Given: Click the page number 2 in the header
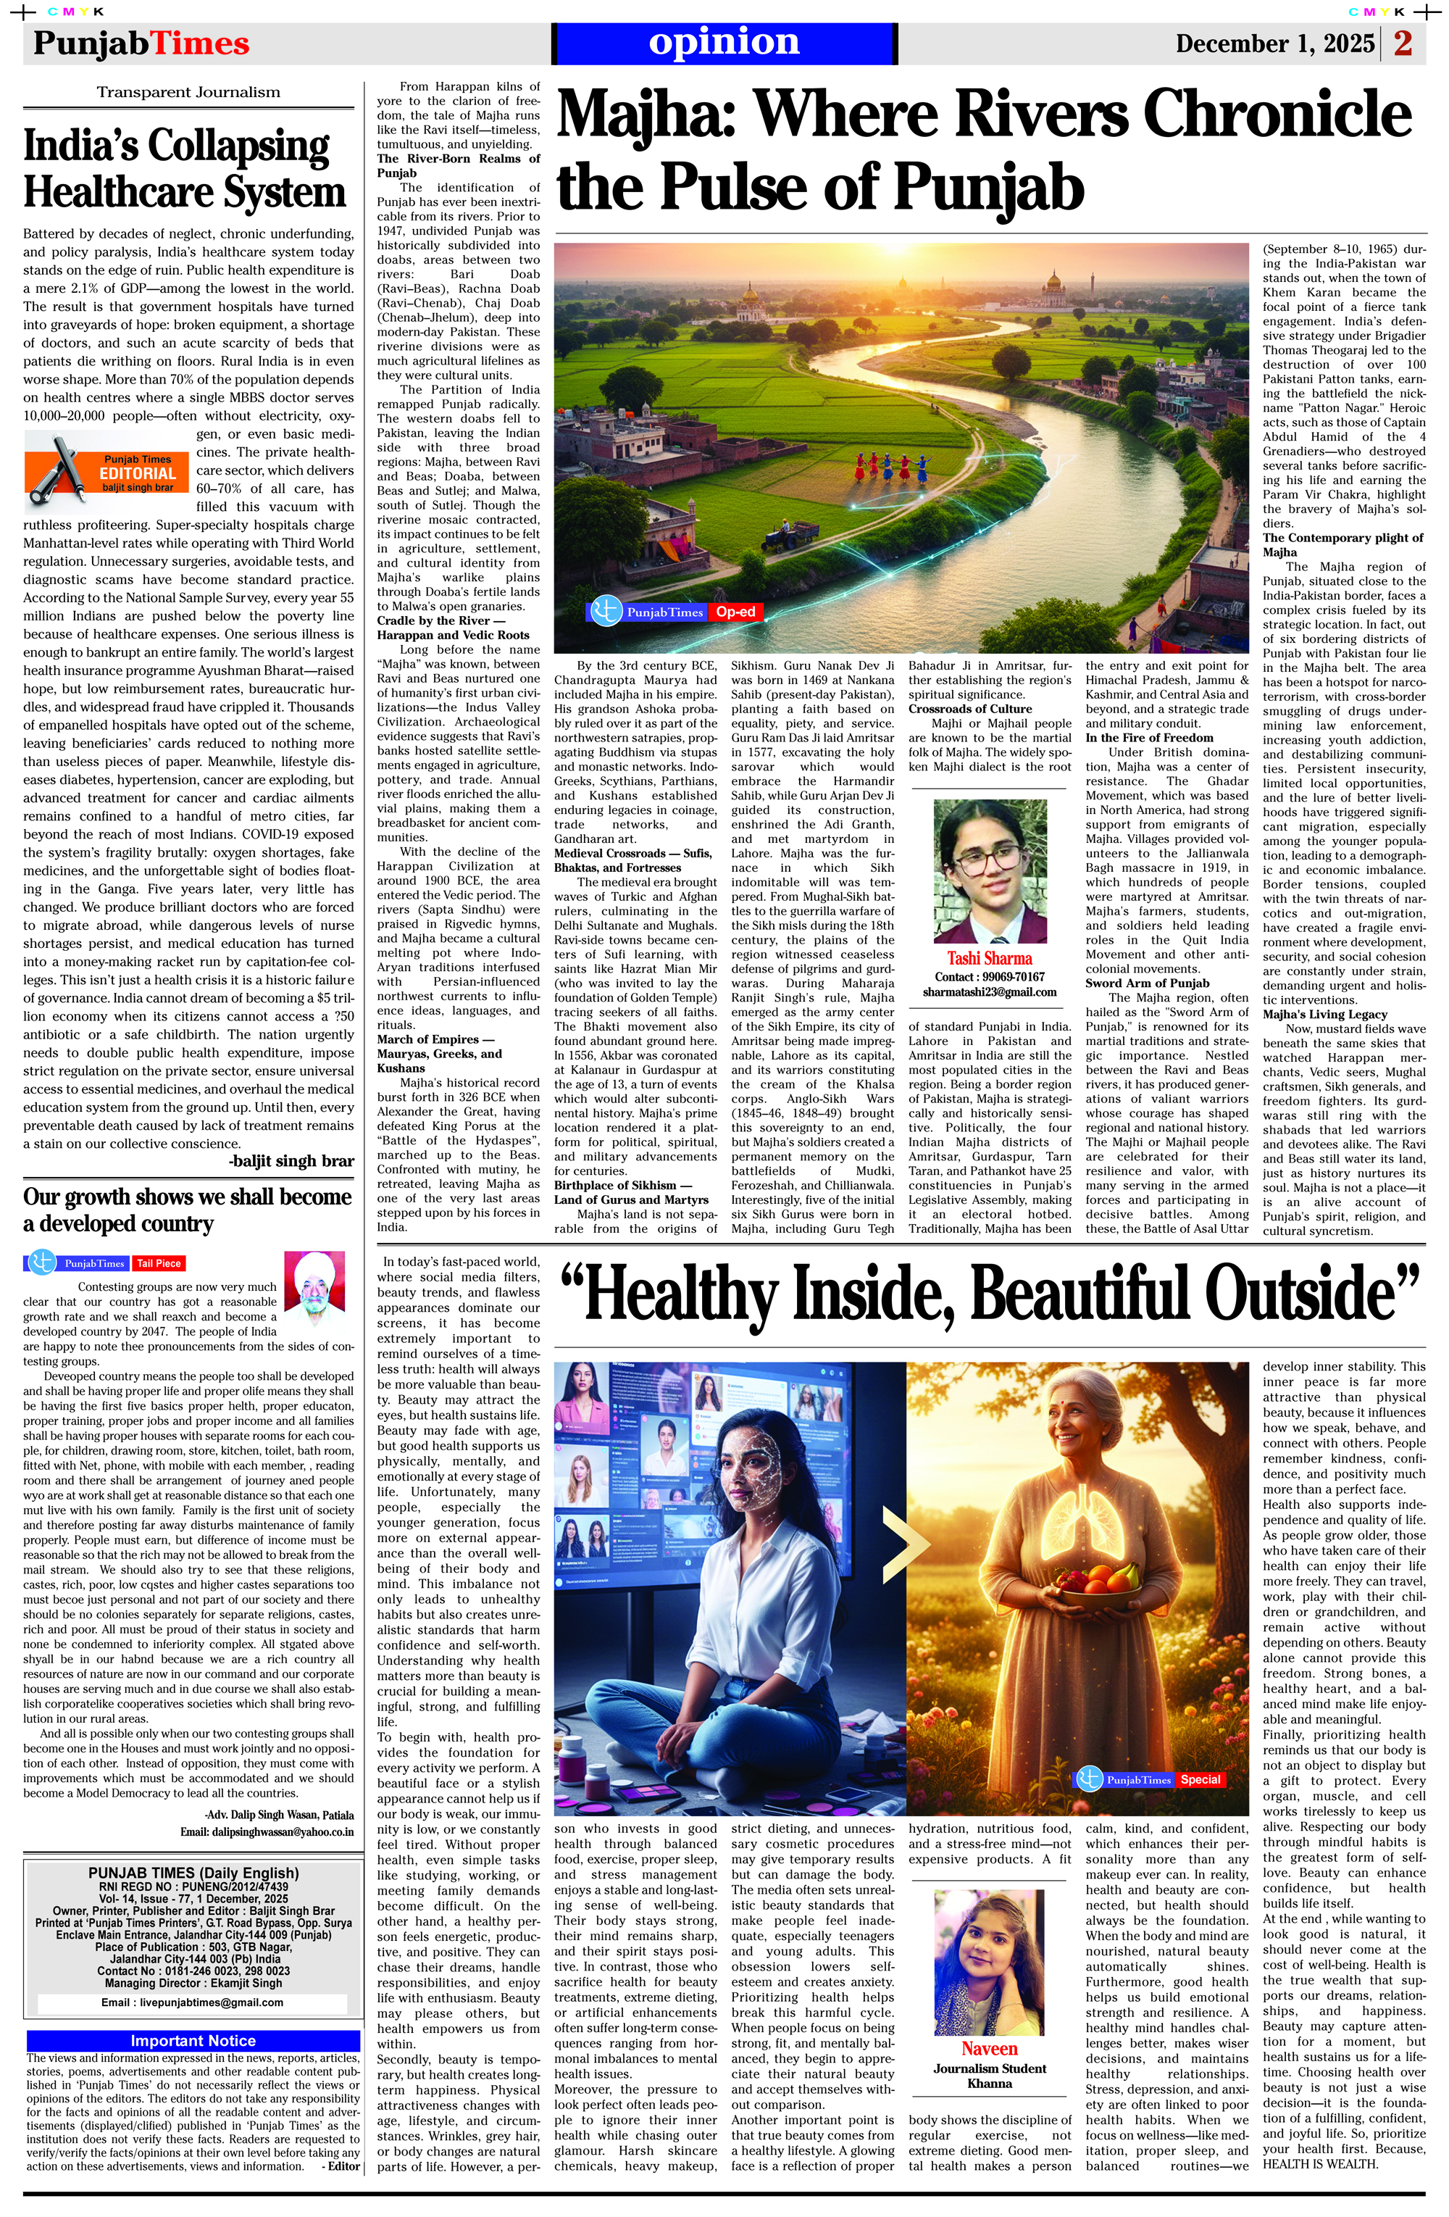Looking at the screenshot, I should [1403, 43].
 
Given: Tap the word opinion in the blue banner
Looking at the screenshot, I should [724, 42].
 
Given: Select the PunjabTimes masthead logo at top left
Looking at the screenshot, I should [141, 43].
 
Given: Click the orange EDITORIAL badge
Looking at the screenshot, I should [137, 473].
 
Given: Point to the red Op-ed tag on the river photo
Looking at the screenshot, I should [735, 612].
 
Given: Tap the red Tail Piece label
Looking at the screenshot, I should [159, 1263].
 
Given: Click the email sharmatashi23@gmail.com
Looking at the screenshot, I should [989, 992].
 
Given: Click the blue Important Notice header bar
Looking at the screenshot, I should [193, 2041].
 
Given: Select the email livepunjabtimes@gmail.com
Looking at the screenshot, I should [192, 2002].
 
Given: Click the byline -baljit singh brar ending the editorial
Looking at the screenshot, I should [291, 1160].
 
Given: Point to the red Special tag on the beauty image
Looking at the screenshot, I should [1200, 1779].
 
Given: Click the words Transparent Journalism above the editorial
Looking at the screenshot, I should [188, 92].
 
